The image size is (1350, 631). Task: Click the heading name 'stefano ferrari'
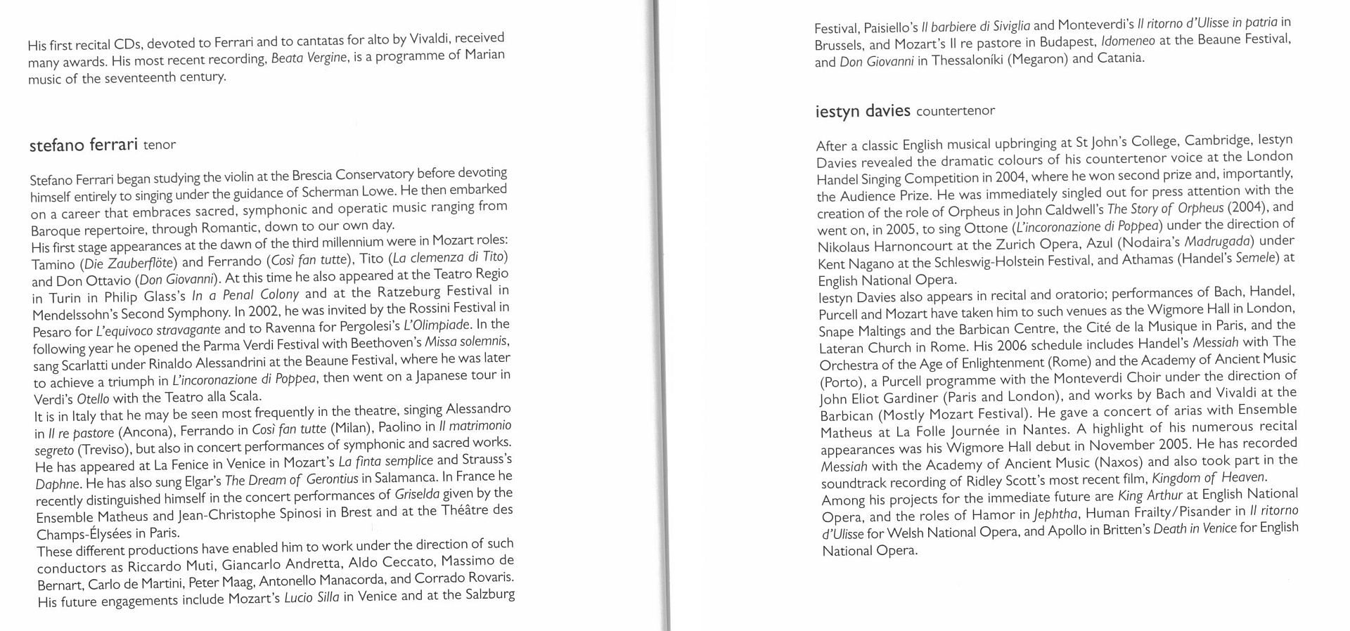(83, 145)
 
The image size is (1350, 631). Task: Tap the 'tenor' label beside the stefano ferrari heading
(160, 145)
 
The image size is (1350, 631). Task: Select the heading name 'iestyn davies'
(863, 111)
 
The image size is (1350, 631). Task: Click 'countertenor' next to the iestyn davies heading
(956, 111)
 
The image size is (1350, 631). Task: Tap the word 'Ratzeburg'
(409, 291)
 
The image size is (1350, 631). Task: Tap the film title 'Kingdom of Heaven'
(1208, 478)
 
